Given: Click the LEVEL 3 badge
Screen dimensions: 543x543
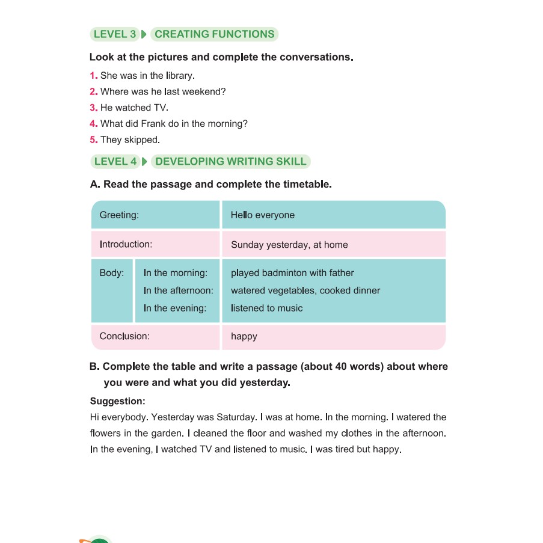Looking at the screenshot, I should point(115,34).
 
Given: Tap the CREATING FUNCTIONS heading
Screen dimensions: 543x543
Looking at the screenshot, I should point(214,34).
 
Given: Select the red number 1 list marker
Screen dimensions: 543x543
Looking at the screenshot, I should point(93,76).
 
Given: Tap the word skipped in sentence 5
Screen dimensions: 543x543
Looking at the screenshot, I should point(143,140).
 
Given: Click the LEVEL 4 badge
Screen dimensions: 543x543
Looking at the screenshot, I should point(115,161).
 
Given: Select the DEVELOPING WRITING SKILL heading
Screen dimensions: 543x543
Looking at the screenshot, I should point(230,161).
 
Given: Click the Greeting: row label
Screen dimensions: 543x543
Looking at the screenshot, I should point(119,215).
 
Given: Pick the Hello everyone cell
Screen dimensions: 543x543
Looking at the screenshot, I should point(263,215).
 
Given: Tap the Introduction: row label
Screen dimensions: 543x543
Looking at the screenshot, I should point(126,244).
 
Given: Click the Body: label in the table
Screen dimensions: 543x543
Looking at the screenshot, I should point(112,273).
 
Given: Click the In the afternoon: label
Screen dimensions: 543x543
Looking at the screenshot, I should point(178,290).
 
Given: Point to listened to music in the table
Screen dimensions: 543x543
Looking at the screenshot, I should point(266,308).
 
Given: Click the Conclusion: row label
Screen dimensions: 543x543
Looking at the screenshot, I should point(124,336).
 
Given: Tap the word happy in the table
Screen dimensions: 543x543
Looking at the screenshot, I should point(244,337).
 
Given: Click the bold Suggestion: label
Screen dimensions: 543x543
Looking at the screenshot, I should point(117,401).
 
